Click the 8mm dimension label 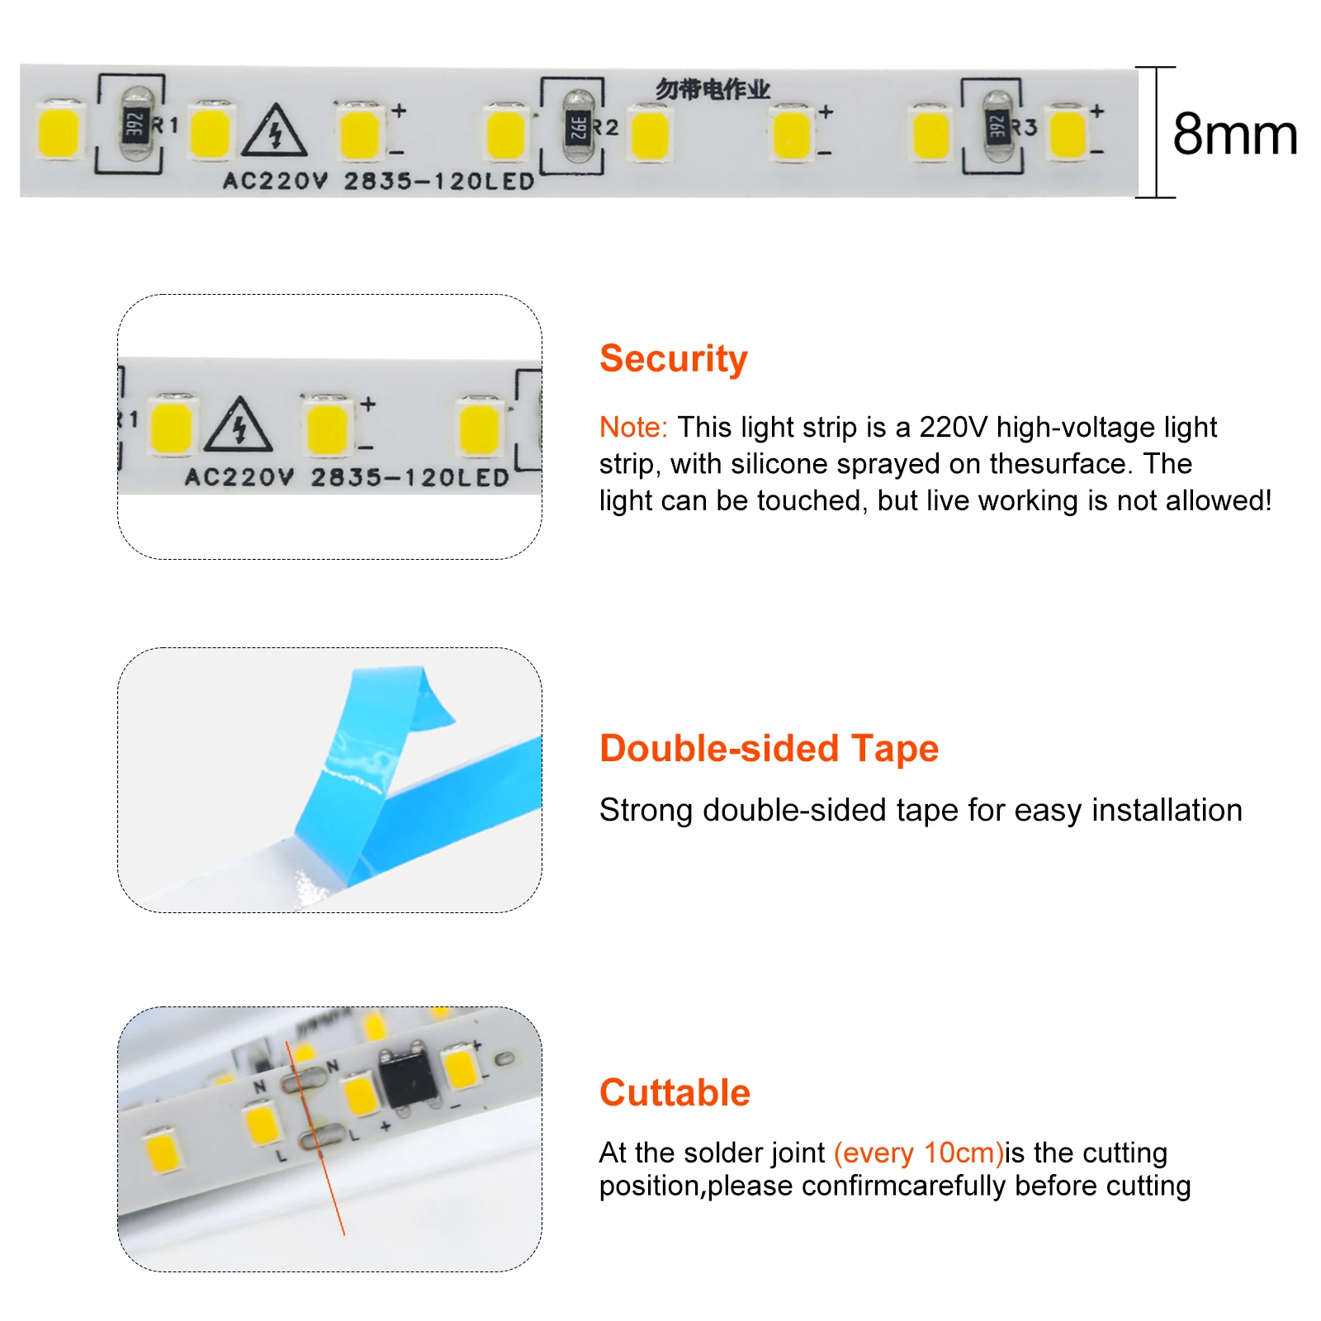pyautogui.click(x=1233, y=134)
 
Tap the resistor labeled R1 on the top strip pyautogui.click(x=136, y=125)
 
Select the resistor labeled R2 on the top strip pyautogui.click(x=579, y=127)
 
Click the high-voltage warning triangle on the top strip pyautogui.click(x=275, y=132)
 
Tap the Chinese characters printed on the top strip pyautogui.click(x=713, y=89)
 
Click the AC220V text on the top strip pyautogui.click(x=276, y=181)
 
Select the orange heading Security pyautogui.click(x=673, y=358)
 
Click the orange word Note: pyautogui.click(x=632, y=427)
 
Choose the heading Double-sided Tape pyautogui.click(x=769, y=748)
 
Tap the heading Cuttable pyautogui.click(x=675, y=1092)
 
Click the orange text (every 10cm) pyautogui.click(x=918, y=1153)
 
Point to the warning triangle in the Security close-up pyautogui.click(x=239, y=427)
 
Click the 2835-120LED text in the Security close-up pyautogui.click(x=410, y=477)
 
